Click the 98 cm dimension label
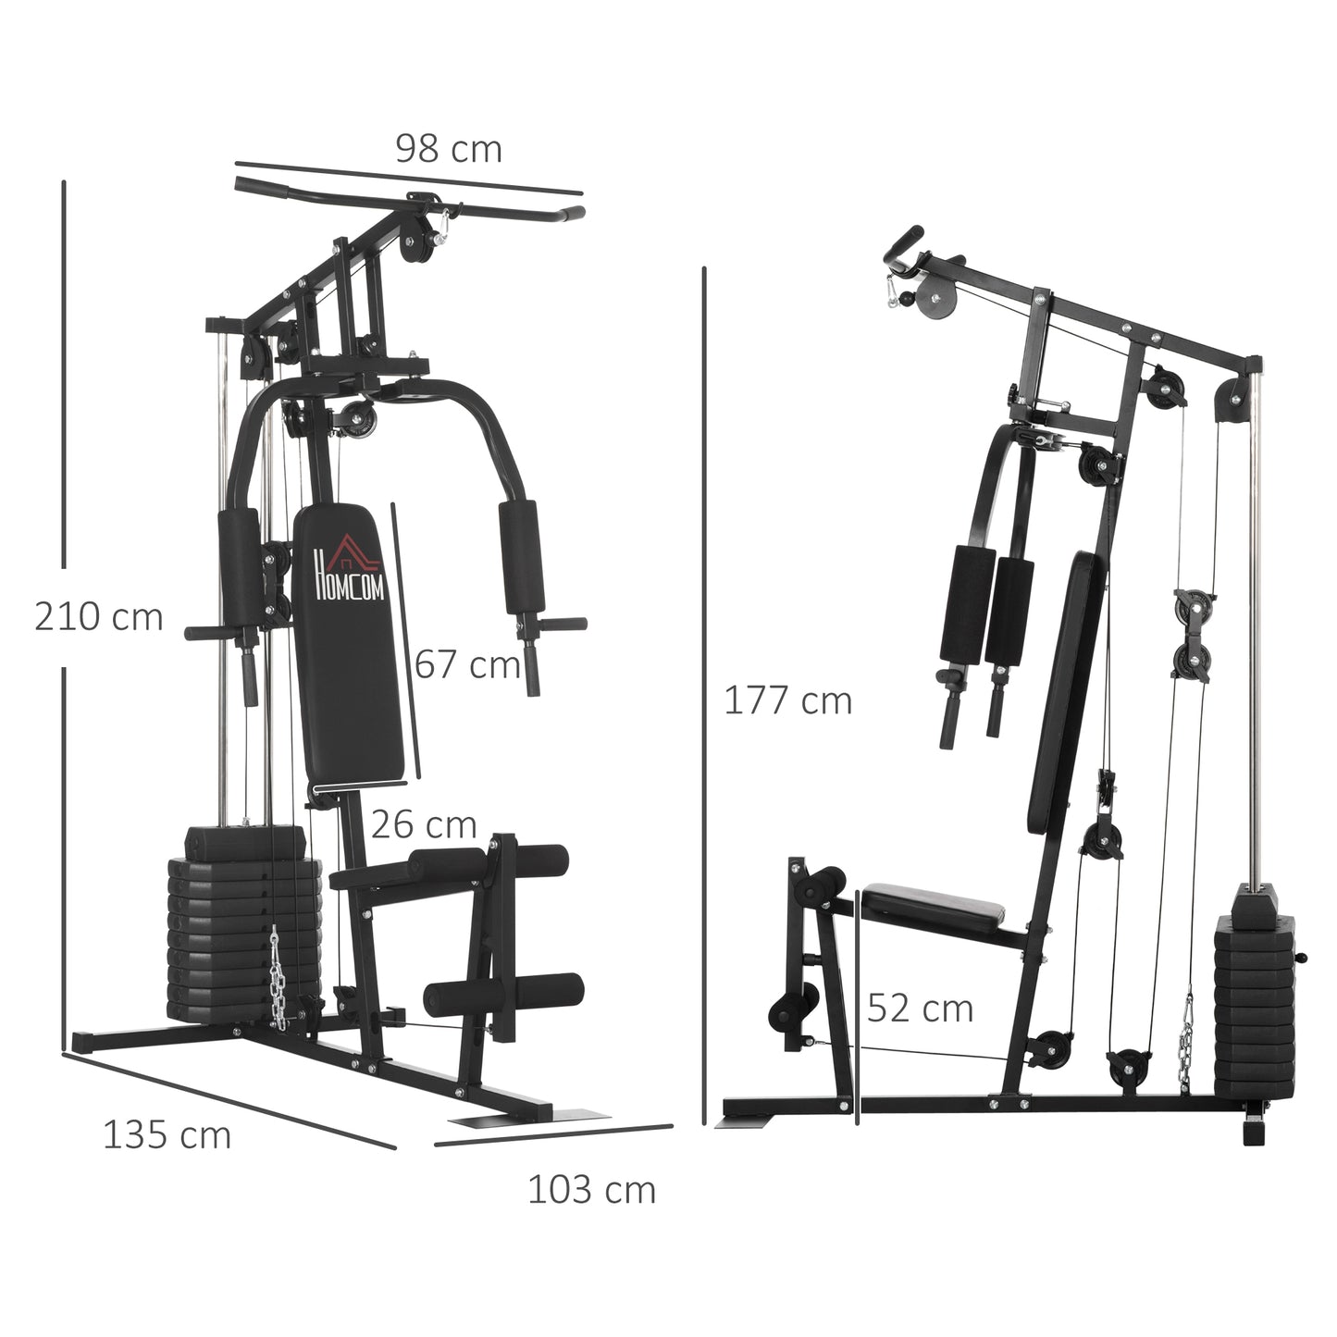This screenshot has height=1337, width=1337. click(x=449, y=149)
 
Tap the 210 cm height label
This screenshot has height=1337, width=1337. click(x=98, y=617)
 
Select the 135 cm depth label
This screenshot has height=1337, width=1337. click(x=167, y=1135)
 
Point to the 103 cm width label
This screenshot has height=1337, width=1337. click(x=591, y=1190)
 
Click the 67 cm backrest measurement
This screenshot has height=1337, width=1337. click(x=467, y=664)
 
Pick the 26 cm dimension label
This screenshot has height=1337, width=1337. click(x=424, y=824)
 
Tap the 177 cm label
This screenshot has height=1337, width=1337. click(x=787, y=701)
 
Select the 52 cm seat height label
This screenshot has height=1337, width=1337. click(x=920, y=1009)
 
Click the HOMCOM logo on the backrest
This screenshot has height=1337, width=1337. click(x=349, y=574)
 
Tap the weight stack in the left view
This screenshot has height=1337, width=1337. click(x=242, y=935)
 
